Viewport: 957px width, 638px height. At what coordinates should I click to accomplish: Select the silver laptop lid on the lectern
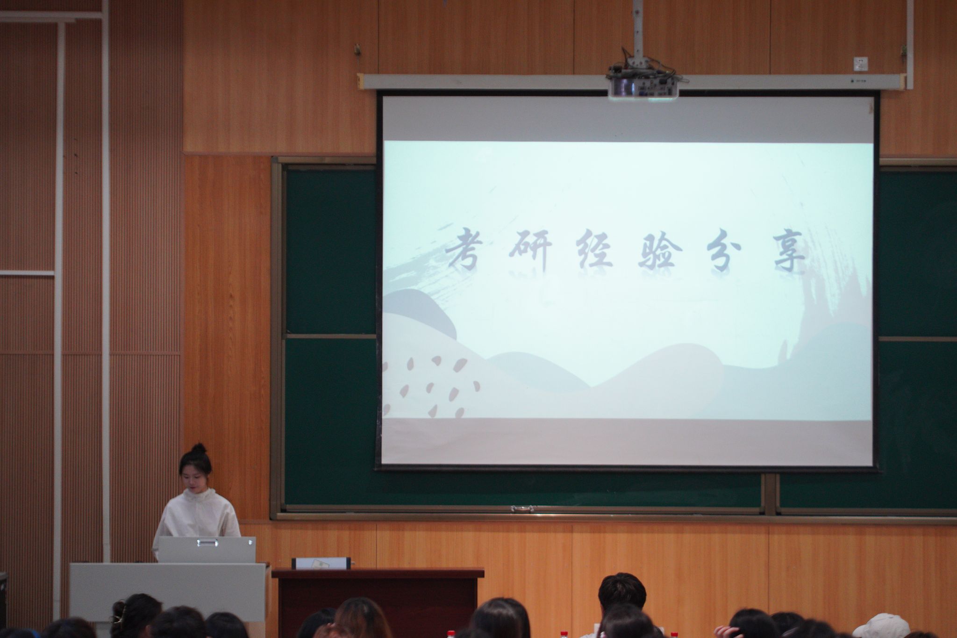point(207,549)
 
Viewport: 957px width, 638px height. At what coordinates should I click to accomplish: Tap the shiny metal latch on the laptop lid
point(207,542)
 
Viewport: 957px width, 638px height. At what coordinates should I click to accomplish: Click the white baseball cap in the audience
point(881,626)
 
